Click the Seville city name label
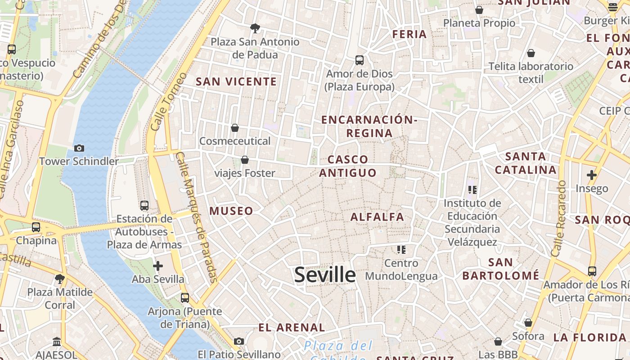(x=325, y=274)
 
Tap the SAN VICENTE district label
(x=236, y=81)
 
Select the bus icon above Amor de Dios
(x=359, y=60)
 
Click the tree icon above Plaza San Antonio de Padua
(x=255, y=28)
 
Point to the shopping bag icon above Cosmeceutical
(x=234, y=128)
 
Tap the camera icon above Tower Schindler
(x=79, y=148)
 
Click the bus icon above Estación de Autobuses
(x=144, y=206)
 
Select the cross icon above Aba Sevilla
(x=157, y=266)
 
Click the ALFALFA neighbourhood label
(x=377, y=217)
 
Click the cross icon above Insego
(x=591, y=175)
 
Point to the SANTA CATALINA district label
(x=526, y=163)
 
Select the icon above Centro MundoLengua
(x=401, y=249)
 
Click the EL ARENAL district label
(x=292, y=328)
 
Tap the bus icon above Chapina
(x=36, y=227)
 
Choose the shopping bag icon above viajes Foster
(x=244, y=160)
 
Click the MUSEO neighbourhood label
(x=231, y=211)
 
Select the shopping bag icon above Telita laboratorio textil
(x=531, y=53)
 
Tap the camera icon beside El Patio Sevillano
(x=238, y=342)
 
